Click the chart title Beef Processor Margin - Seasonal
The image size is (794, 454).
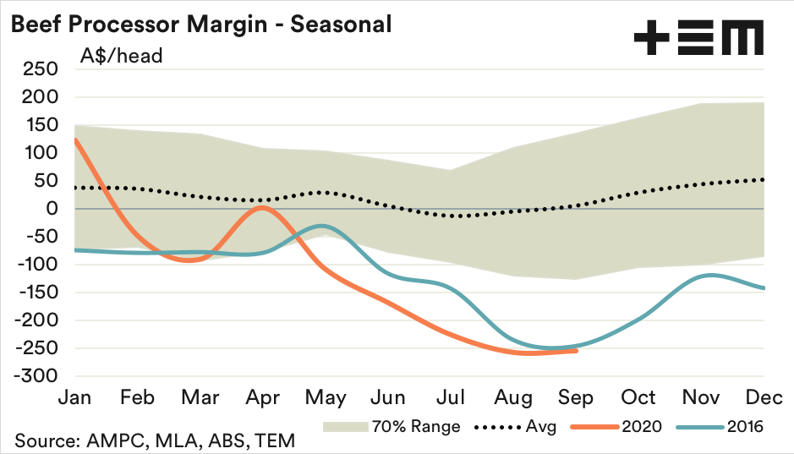(x=200, y=25)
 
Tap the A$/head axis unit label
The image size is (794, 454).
(x=122, y=57)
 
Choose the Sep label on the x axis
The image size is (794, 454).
(x=576, y=397)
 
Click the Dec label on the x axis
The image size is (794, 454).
(x=764, y=397)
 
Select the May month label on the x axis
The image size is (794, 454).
(x=325, y=397)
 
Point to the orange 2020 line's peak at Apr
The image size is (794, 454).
(x=262, y=208)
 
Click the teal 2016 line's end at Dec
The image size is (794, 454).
(x=764, y=288)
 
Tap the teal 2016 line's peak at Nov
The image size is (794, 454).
(x=707, y=275)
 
